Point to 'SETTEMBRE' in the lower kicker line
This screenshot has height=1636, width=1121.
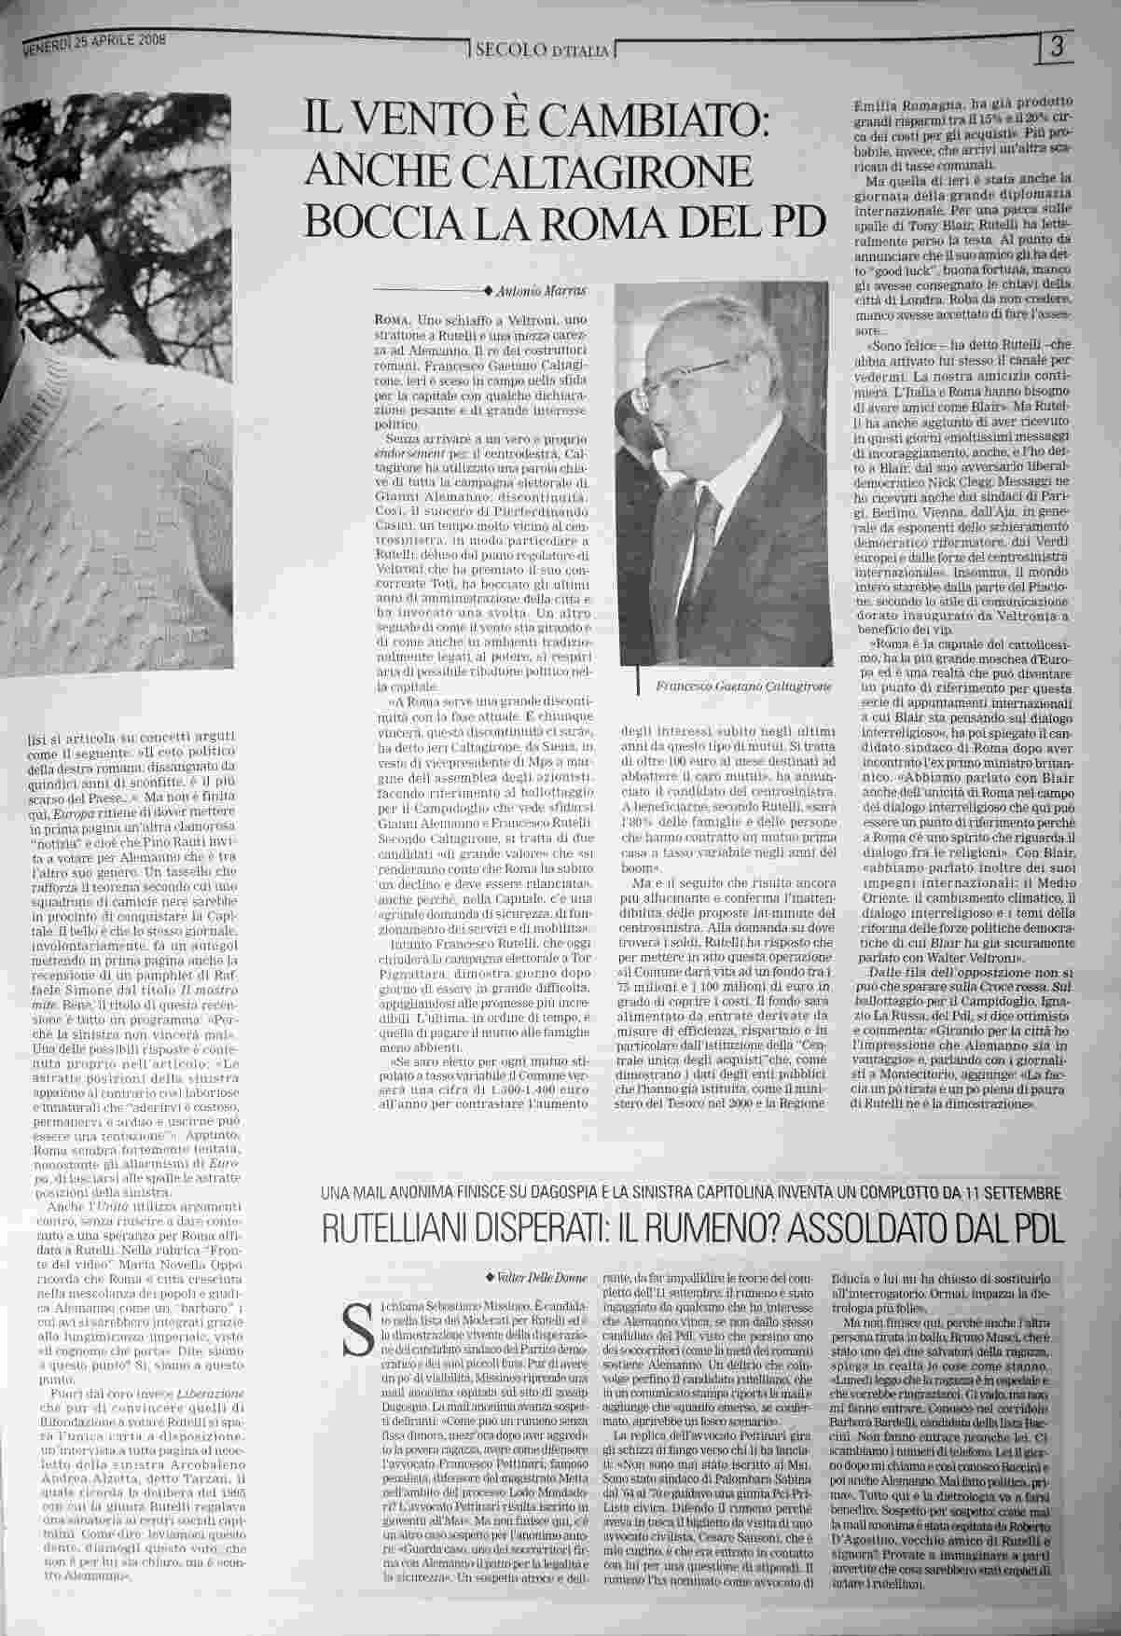pos(1013,1192)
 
